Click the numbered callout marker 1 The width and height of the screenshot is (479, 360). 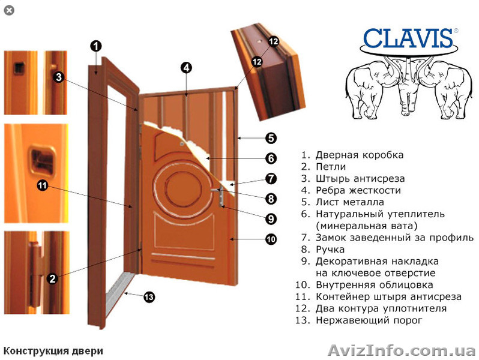(97, 46)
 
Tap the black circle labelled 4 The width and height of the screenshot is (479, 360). (187, 68)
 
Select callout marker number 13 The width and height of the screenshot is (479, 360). (149, 296)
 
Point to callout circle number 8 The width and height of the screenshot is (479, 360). (271, 199)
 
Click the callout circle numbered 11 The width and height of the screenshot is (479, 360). (42, 185)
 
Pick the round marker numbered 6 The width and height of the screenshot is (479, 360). (271, 158)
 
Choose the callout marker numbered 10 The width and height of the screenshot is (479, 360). (271, 239)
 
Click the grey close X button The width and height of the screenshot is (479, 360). (8, 10)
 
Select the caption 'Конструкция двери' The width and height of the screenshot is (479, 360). (53, 350)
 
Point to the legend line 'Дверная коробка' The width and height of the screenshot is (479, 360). (359, 155)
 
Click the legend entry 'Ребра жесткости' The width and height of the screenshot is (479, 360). (358, 190)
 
